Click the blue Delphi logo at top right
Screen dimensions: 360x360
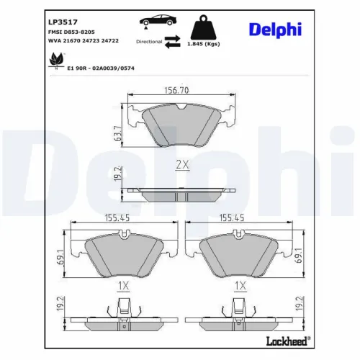click(276, 29)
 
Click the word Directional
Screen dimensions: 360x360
click(149, 42)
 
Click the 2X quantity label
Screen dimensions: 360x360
click(182, 165)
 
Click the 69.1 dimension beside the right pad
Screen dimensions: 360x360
click(297, 256)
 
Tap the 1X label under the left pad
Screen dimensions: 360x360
click(122, 286)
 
